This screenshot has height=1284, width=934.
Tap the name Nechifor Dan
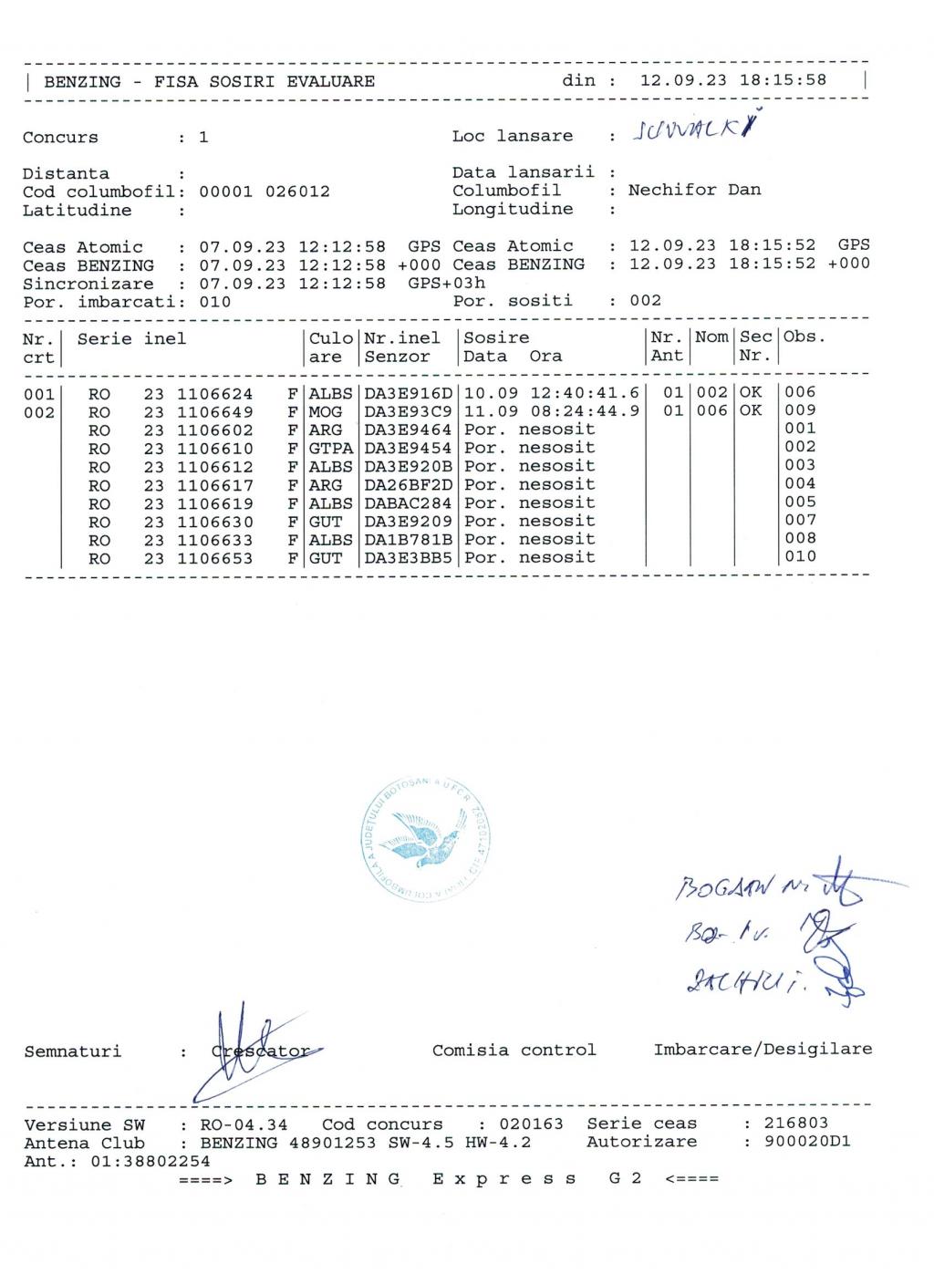[694, 190]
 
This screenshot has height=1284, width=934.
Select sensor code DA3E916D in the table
[408, 393]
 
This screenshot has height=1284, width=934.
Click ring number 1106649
[214, 412]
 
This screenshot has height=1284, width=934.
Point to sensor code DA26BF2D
[408, 485]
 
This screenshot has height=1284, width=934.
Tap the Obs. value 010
[800, 556]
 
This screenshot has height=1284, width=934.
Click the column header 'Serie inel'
[131, 339]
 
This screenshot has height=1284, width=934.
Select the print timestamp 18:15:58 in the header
[783, 80]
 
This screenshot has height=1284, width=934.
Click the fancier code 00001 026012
[265, 192]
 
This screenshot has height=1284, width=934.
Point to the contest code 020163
[531, 1124]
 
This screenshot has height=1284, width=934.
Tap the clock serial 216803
[796, 1123]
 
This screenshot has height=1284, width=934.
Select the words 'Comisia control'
[514, 1050]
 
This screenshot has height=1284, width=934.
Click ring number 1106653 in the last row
[214, 559]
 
